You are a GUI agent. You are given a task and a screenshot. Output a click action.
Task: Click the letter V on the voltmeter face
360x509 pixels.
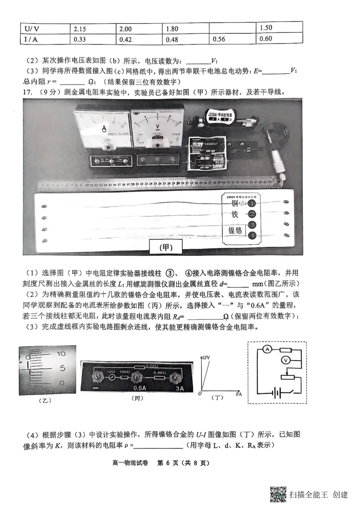158,127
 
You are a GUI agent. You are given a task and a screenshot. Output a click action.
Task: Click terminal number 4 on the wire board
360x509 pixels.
252,235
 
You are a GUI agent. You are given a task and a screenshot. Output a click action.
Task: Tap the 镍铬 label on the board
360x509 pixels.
235,231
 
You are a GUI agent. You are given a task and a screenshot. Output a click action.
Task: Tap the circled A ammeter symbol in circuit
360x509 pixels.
266,349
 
